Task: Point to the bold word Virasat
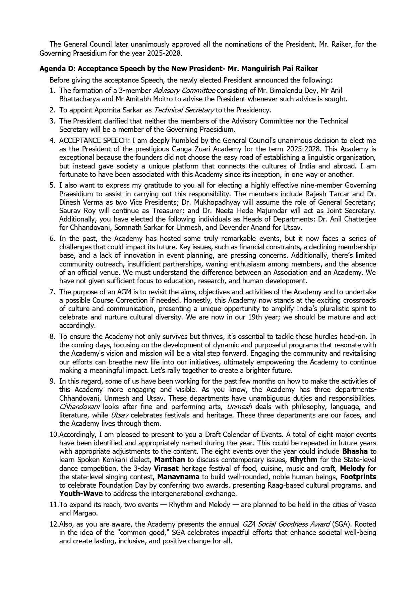166,468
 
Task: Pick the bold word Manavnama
178,477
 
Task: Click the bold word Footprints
358,477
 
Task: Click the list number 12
53,524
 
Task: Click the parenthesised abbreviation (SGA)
341,524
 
